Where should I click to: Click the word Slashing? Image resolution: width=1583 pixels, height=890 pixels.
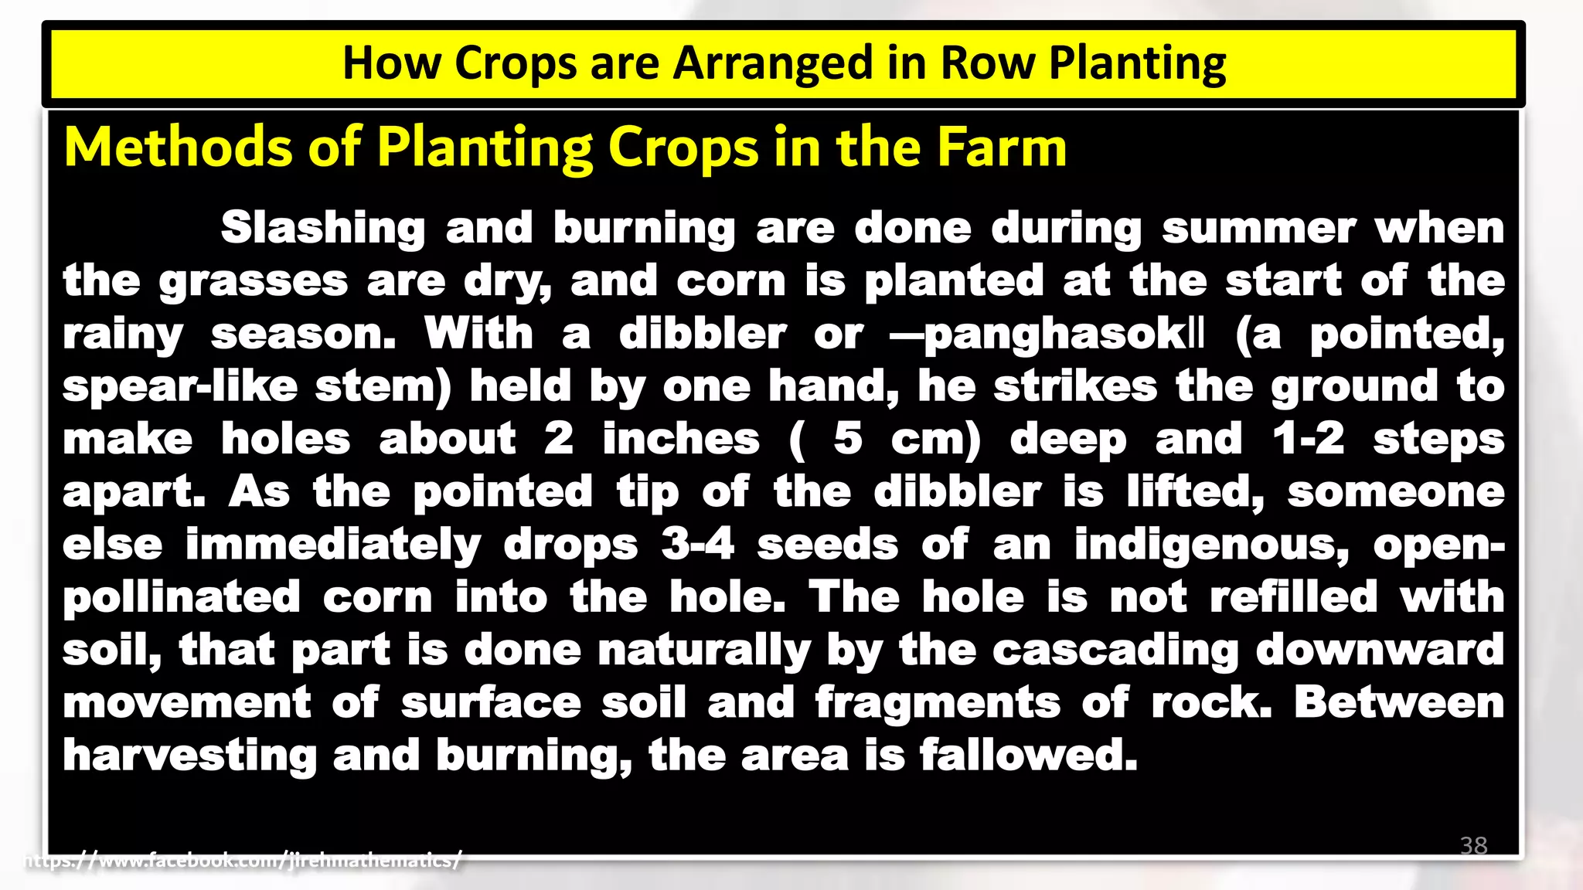click(x=323, y=229)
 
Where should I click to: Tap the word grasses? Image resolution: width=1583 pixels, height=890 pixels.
click(x=254, y=281)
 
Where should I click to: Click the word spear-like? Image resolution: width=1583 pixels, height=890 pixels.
click(x=179, y=387)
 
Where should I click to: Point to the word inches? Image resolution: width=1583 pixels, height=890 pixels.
click(x=681, y=440)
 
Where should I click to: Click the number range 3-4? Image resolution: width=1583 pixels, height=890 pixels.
click(x=697, y=545)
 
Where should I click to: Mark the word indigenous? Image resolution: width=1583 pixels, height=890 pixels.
click(x=1211, y=545)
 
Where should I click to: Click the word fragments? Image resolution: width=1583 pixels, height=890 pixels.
click(x=938, y=703)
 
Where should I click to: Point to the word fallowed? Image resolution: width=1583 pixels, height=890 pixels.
click(x=1028, y=756)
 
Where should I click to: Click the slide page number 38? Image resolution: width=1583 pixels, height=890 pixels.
click(x=1473, y=845)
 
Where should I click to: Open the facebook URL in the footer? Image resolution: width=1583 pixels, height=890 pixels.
click(x=243, y=860)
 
